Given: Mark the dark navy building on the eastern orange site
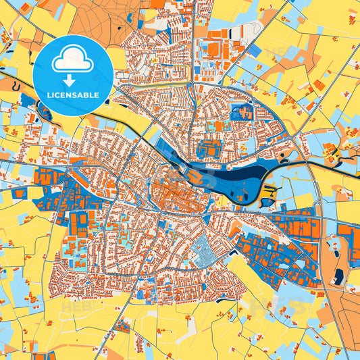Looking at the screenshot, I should tap(338, 274).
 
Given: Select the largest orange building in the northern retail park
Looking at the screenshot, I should tap(213, 49).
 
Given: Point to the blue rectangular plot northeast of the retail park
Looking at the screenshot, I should tap(254, 50).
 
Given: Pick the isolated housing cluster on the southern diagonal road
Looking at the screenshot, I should tap(122, 327).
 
